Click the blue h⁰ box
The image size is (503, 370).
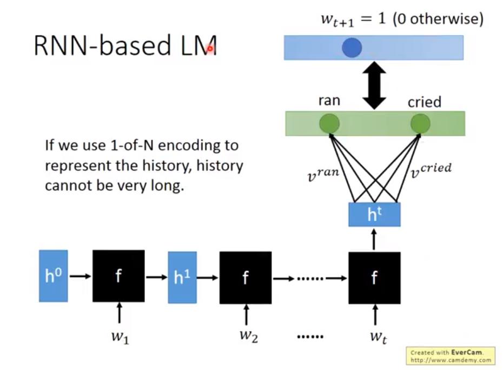[x=53, y=276]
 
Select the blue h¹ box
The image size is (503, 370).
[x=182, y=277]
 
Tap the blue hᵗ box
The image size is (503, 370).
[x=374, y=215]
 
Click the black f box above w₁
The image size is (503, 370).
[x=118, y=276]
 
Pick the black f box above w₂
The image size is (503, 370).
[x=245, y=277]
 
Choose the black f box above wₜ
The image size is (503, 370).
[x=374, y=277]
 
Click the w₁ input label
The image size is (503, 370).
[x=120, y=336]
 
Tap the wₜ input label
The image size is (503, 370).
[x=377, y=336]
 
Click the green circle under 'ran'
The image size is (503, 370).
[x=329, y=124]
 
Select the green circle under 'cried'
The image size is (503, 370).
[x=420, y=124]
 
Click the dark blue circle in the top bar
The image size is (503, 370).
[x=352, y=48]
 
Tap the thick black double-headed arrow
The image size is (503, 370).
[x=374, y=85]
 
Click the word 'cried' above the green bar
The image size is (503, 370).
[x=425, y=102]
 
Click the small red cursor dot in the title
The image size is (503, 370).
[x=210, y=49]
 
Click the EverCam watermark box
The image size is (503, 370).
[x=450, y=355]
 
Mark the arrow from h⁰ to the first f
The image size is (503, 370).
[x=80, y=276]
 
